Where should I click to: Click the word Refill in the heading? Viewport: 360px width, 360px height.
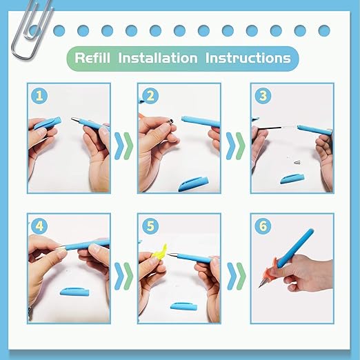[92, 58]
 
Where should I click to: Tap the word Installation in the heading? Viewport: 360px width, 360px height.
[158, 58]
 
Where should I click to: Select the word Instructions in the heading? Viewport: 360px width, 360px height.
[248, 58]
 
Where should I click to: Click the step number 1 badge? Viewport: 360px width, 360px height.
[39, 95]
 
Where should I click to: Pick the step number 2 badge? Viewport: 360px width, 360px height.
[150, 95]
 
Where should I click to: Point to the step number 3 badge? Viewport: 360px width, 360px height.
[263, 95]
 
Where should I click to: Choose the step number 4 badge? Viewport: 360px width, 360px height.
[39, 226]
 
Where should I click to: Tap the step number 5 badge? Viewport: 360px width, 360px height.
[150, 226]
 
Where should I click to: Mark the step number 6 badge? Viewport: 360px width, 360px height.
[263, 226]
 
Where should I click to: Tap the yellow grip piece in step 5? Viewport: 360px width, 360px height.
[159, 254]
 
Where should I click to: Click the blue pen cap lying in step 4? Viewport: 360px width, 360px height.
[74, 292]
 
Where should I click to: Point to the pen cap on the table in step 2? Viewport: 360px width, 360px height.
[194, 183]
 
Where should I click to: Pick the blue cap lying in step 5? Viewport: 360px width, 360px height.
[183, 306]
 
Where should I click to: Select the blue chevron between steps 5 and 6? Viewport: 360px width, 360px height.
[232, 276]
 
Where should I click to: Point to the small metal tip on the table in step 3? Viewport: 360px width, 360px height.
[297, 163]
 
